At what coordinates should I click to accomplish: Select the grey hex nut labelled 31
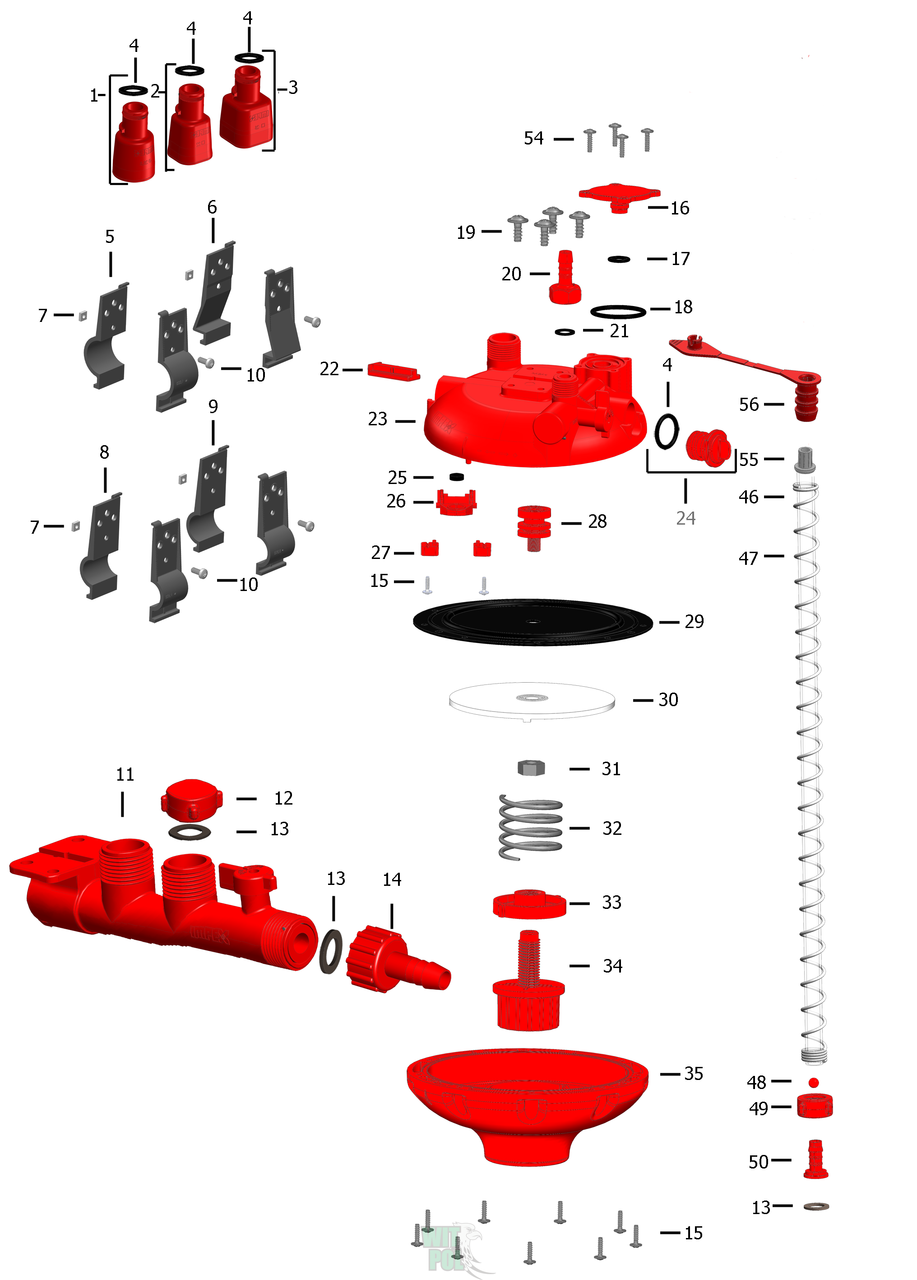click(x=531, y=768)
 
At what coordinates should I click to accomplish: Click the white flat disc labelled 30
click(x=531, y=700)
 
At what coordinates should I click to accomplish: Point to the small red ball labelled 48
click(x=813, y=1083)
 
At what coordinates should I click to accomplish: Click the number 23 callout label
click(x=377, y=419)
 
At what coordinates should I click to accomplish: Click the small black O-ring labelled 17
click(x=619, y=259)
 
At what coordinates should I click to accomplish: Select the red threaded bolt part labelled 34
click(x=528, y=982)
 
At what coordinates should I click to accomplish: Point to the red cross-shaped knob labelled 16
click(x=619, y=195)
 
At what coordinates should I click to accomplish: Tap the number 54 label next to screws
click(x=533, y=138)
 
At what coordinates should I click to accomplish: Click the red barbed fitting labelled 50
click(x=815, y=1160)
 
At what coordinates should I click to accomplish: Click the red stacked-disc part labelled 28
click(x=534, y=525)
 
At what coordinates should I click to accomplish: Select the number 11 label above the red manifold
click(x=125, y=774)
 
